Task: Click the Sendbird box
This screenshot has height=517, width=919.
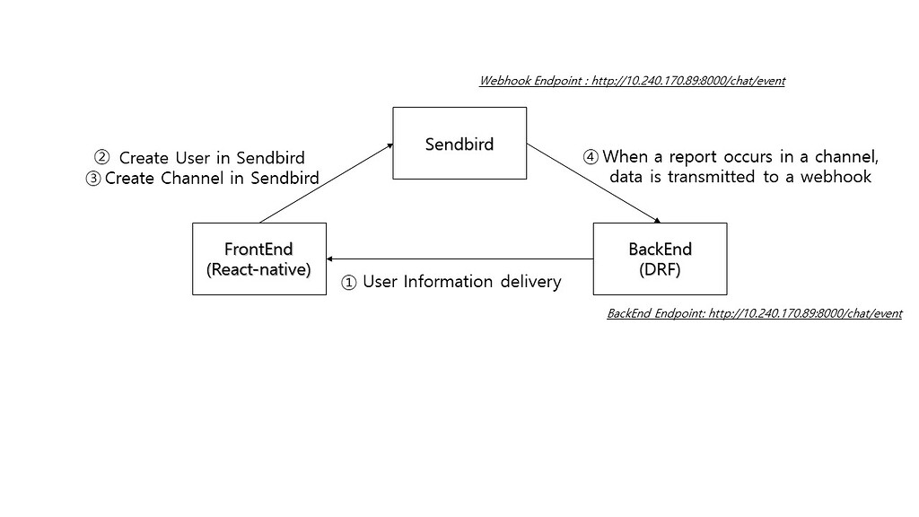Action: [x=459, y=143]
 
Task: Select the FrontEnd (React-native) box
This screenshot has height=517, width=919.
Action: [x=258, y=258]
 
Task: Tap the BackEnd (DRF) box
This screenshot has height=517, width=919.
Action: [x=660, y=258]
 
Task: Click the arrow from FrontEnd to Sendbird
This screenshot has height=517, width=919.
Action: [x=326, y=182]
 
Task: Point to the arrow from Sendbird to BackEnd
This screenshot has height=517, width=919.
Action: [x=594, y=182]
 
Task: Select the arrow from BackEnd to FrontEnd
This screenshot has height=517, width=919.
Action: [x=459, y=258]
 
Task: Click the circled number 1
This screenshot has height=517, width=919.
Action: [x=349, y=283]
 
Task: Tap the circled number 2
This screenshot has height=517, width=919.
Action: [x=101, y=157]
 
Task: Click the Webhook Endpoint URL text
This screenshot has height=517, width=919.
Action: [x=632, y=81]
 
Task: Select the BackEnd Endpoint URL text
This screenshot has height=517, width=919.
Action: [x=754, y=313]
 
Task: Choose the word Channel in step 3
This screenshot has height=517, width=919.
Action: [x=192, y=178]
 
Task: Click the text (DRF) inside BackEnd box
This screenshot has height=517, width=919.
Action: [x=660, y=268]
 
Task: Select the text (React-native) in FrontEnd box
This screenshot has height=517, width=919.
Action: [x=258, y=268]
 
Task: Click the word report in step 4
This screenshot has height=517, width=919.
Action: [x=704, y=157]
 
